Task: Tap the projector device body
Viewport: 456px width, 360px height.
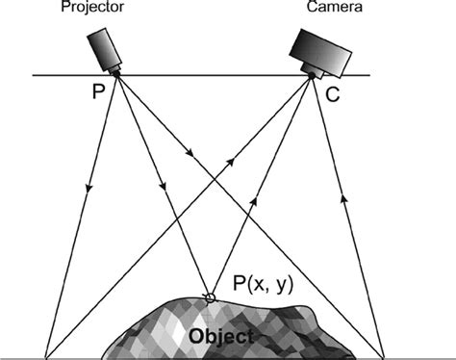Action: (x=103, y=45)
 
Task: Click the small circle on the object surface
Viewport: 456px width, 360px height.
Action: (x=209, y=296)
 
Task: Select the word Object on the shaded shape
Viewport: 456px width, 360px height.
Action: (x=222, y=337)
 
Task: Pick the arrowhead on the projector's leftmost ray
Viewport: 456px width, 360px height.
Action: (x=89, y=186)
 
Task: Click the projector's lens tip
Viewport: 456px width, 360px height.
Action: (x=116, y=71)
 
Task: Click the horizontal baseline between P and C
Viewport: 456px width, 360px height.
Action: (x=212, y=75)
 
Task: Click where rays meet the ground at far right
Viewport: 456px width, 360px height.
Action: (x=385, y=354)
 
